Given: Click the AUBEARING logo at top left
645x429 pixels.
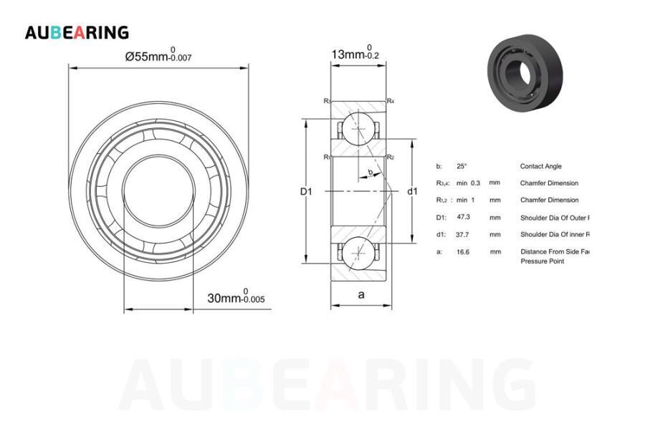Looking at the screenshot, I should coord(77,32).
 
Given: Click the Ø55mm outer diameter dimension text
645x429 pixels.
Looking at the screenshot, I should coord(158,55).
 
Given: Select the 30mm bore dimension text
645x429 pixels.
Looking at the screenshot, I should coord(235,298).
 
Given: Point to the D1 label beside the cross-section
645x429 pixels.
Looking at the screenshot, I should coord(306,191).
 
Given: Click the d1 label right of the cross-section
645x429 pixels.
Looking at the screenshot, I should coord(412,191).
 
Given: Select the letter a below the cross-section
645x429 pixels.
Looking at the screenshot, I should coord(361,294).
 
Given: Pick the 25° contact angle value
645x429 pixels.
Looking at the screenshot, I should coord(462,166).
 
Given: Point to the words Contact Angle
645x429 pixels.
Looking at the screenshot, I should coord(541,166).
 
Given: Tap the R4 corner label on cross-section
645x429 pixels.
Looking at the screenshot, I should coord(390,101).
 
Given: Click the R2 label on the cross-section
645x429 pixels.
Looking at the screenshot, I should coord(390,157).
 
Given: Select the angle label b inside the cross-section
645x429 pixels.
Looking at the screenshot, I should coord(370,172).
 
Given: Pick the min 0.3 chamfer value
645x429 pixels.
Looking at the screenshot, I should coord(468,183).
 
